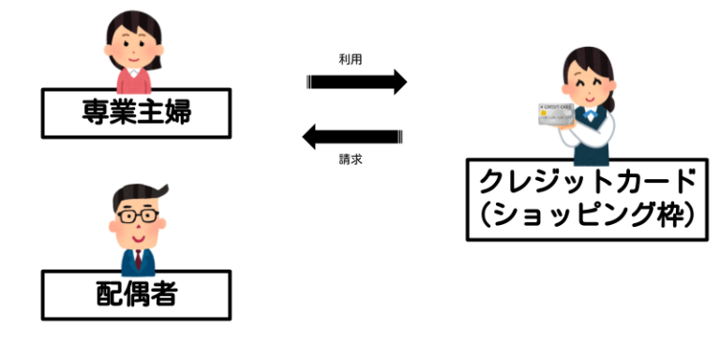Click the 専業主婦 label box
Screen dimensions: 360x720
[136, 112]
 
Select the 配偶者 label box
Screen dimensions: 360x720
[136, 295]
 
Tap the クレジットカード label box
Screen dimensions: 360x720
[587, 199]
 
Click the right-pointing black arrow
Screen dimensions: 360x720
[357, 82]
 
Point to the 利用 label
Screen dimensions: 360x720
[351, 59]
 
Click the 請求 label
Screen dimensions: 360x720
[351, 160]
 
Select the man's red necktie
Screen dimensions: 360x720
[138, 258]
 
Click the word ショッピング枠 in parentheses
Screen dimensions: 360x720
[588, 217]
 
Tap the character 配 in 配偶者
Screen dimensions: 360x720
[105, 295]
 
